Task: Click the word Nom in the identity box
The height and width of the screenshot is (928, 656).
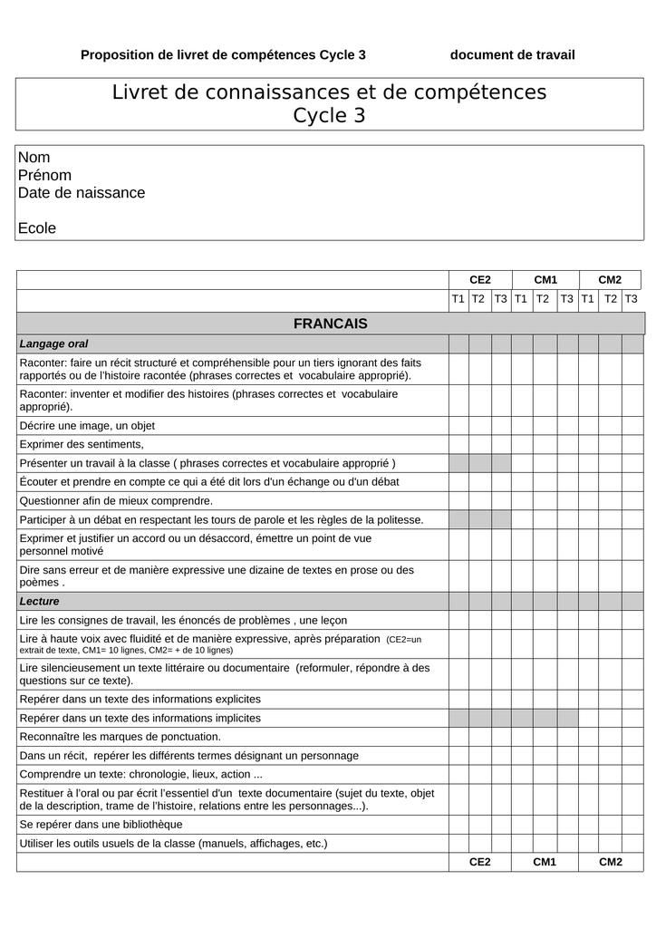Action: [x=34, y=158]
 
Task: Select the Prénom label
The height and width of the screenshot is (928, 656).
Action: [x=44, y=175]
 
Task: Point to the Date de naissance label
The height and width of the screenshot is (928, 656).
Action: [x=82, y=193]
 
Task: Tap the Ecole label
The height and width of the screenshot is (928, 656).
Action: [x=37, y=228]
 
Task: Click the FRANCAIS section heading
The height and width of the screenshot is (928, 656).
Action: [x=330, y=324]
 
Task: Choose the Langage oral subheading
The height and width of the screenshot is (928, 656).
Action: [x=53, y=344]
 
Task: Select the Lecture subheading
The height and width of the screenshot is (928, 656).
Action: [x=39, y=602]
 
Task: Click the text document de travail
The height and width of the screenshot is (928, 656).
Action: [x=512, y=55]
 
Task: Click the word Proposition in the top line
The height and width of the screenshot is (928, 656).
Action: [x=117, y=55]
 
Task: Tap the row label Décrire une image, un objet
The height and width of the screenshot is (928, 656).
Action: [x=87, y=426]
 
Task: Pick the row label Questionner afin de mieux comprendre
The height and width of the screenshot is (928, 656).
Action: [x=116, y=501]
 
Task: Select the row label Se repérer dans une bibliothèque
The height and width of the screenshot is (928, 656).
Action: [x=101, y=825]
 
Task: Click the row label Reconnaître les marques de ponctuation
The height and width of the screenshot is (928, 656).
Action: [x=120, y=737]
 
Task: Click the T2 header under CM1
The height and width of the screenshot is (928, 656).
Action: [x=543, y=299]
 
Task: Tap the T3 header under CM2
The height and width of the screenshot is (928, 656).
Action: [x=632, y=299]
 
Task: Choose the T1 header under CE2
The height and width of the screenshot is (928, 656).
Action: [x=458, y=299]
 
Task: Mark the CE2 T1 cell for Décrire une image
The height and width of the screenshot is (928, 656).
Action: [x=458, y=426]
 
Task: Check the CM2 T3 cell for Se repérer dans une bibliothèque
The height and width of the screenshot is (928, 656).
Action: [x=632, y=825]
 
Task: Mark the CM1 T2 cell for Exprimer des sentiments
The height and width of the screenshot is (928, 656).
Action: [x=543, y=445]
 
